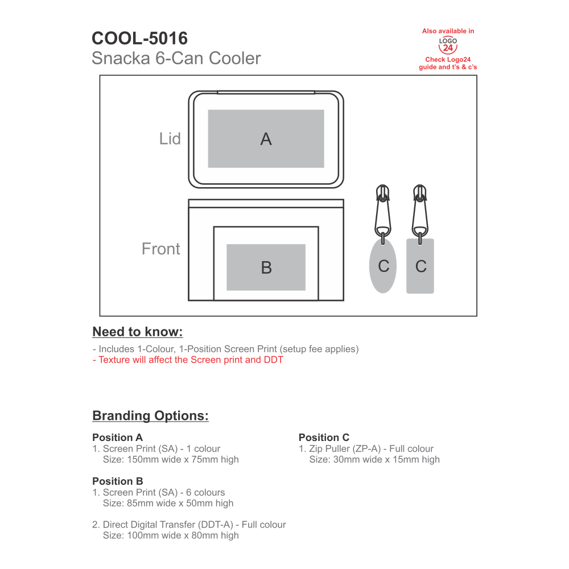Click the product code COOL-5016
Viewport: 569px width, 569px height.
[139, 38]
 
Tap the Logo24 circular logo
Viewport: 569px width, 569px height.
[448, 45]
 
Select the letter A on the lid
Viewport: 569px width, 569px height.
[266, 139]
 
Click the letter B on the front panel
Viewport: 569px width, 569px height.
[266, 267]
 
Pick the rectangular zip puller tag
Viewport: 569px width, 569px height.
[420, 266]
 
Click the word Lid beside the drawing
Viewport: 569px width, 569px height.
[170, 139]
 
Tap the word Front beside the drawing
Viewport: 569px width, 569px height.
[160, 249]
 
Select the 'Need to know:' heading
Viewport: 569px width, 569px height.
[138, 332]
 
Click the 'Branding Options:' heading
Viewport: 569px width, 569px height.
[150, 416]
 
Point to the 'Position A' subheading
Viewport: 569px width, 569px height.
[117, 438]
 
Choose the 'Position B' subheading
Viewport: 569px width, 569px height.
[117, 481]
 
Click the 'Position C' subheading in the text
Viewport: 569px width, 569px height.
[324, 438]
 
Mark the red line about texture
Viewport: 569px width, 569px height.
[188, 360]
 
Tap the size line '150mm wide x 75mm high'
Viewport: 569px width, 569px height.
[171, 459]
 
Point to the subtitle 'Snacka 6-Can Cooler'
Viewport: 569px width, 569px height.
[176, 58]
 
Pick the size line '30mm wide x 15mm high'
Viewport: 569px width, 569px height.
[374, 459]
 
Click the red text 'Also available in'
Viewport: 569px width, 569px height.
[448, 31]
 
